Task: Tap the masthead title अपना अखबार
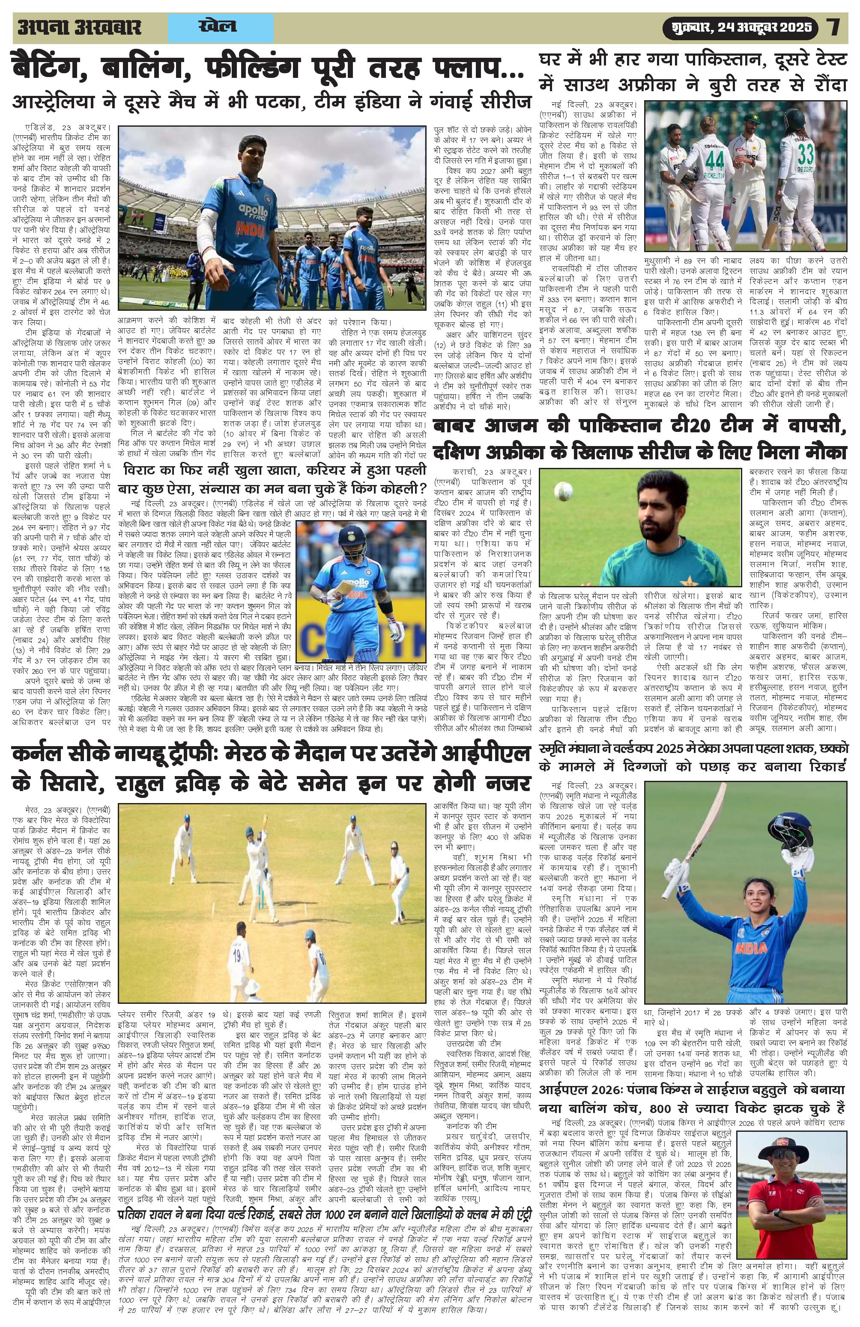pyautogui.click(x=80, y=27)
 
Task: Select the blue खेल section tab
pyautogui.click(x=217, y=26)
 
